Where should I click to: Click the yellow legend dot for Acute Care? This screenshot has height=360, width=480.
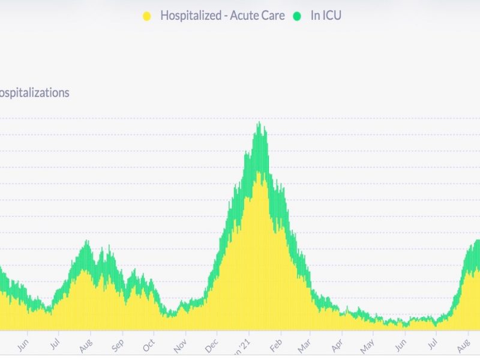[146, 16]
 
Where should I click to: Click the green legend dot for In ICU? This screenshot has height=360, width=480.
[296, 16]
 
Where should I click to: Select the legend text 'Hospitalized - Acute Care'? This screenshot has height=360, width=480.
[222, 16]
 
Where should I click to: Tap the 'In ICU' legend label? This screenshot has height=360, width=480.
[326, 16]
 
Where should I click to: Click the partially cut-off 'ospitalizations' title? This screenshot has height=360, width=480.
[34, 93]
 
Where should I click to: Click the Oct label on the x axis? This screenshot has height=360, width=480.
[149, 345]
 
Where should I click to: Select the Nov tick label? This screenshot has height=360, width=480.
[180, 345]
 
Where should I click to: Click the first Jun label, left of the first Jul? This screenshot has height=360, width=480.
[24, 345]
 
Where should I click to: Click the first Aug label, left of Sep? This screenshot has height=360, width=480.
[86, 345]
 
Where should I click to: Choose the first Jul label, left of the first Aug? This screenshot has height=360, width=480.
[55, 345]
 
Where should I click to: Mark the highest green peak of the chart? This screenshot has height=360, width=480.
[259, 123]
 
